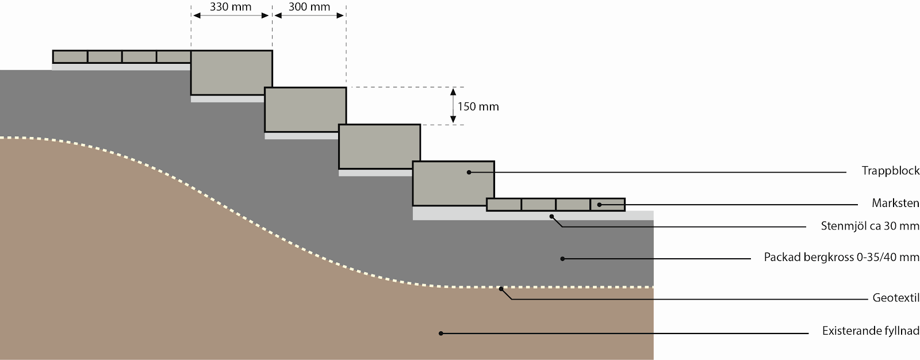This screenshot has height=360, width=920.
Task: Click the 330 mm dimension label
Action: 231,7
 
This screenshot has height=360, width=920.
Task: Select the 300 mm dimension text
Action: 309,7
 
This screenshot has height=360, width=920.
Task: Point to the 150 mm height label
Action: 478,106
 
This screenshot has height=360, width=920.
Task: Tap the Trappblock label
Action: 891,171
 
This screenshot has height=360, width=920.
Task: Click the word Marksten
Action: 895,203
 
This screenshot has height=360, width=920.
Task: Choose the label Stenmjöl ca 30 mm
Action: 870,226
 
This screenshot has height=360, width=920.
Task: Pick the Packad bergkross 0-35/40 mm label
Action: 841,257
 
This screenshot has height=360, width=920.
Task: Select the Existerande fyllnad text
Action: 871,331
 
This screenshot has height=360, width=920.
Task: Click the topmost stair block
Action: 231,72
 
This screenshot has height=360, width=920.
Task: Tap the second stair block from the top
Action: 305,109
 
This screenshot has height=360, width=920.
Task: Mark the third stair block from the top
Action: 379,146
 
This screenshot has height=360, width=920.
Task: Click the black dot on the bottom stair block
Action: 469,172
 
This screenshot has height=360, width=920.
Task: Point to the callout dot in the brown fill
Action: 441,333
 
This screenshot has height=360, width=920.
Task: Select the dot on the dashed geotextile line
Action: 501,288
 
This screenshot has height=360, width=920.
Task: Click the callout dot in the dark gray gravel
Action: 562,259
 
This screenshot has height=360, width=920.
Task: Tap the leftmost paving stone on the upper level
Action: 70,56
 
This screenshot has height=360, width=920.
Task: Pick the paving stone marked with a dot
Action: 607,204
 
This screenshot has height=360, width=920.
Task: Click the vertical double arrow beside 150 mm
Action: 453,106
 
